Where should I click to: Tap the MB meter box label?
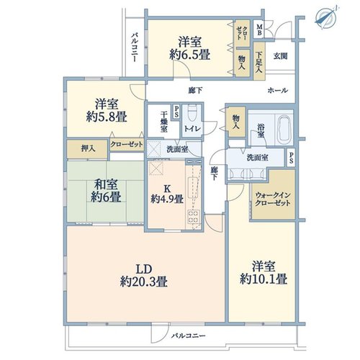(259, 30)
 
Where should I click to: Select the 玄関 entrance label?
(280, 56)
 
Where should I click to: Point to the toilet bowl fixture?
(192, 113)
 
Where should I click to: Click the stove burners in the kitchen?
(194, 217)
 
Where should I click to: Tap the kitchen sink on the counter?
(193, 188)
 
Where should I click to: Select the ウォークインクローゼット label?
(273, 199)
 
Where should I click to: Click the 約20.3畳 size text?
(143, 282)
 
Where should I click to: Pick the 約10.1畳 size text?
(264, 279)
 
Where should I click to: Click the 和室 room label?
(106, 184)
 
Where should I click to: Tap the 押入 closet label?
(89, 149)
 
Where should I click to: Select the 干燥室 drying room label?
(164, 122)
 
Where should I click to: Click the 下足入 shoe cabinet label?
(259, 63)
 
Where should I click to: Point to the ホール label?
(278, 91)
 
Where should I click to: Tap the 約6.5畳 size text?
(190, 55)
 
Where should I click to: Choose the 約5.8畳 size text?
(107, 117)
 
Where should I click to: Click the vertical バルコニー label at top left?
(135, 48)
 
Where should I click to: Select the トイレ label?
(192, 129)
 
